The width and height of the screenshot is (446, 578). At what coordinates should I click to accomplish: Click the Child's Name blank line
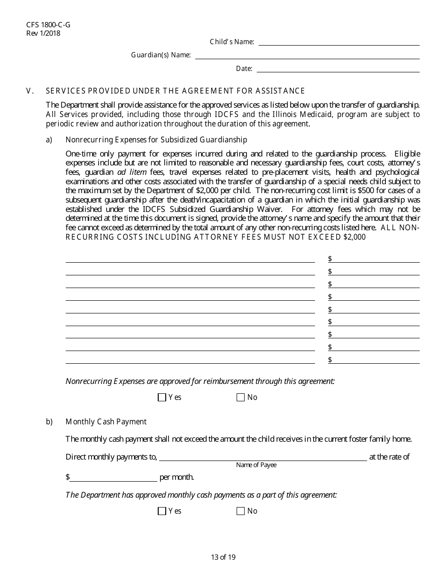[339, 42]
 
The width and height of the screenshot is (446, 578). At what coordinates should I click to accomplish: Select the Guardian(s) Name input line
[307, 55]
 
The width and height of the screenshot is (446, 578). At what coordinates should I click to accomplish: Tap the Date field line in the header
[338, 69]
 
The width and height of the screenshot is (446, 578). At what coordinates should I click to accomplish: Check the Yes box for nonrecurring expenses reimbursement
[162, 398]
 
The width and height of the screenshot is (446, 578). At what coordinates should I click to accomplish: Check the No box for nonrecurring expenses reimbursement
[241, 398]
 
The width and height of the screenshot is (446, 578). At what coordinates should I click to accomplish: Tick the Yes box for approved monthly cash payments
[162, 511]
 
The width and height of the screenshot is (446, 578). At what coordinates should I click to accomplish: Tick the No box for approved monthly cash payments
[241, 511]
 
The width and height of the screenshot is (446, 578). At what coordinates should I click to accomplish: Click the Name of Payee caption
[256, 465]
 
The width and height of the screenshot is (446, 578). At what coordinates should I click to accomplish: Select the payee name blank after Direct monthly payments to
[263, 457]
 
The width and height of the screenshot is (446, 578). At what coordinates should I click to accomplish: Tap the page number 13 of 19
[223, 557]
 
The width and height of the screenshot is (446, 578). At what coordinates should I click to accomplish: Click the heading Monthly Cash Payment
[106, 422]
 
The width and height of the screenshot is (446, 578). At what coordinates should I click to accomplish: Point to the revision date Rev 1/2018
[44, 33]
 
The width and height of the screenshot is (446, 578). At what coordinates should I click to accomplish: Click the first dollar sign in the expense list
[330, 259]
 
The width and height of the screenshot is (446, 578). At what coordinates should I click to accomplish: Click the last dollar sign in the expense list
[330, 360]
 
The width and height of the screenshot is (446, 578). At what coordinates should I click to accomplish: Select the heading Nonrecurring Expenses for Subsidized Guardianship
[156, 140]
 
